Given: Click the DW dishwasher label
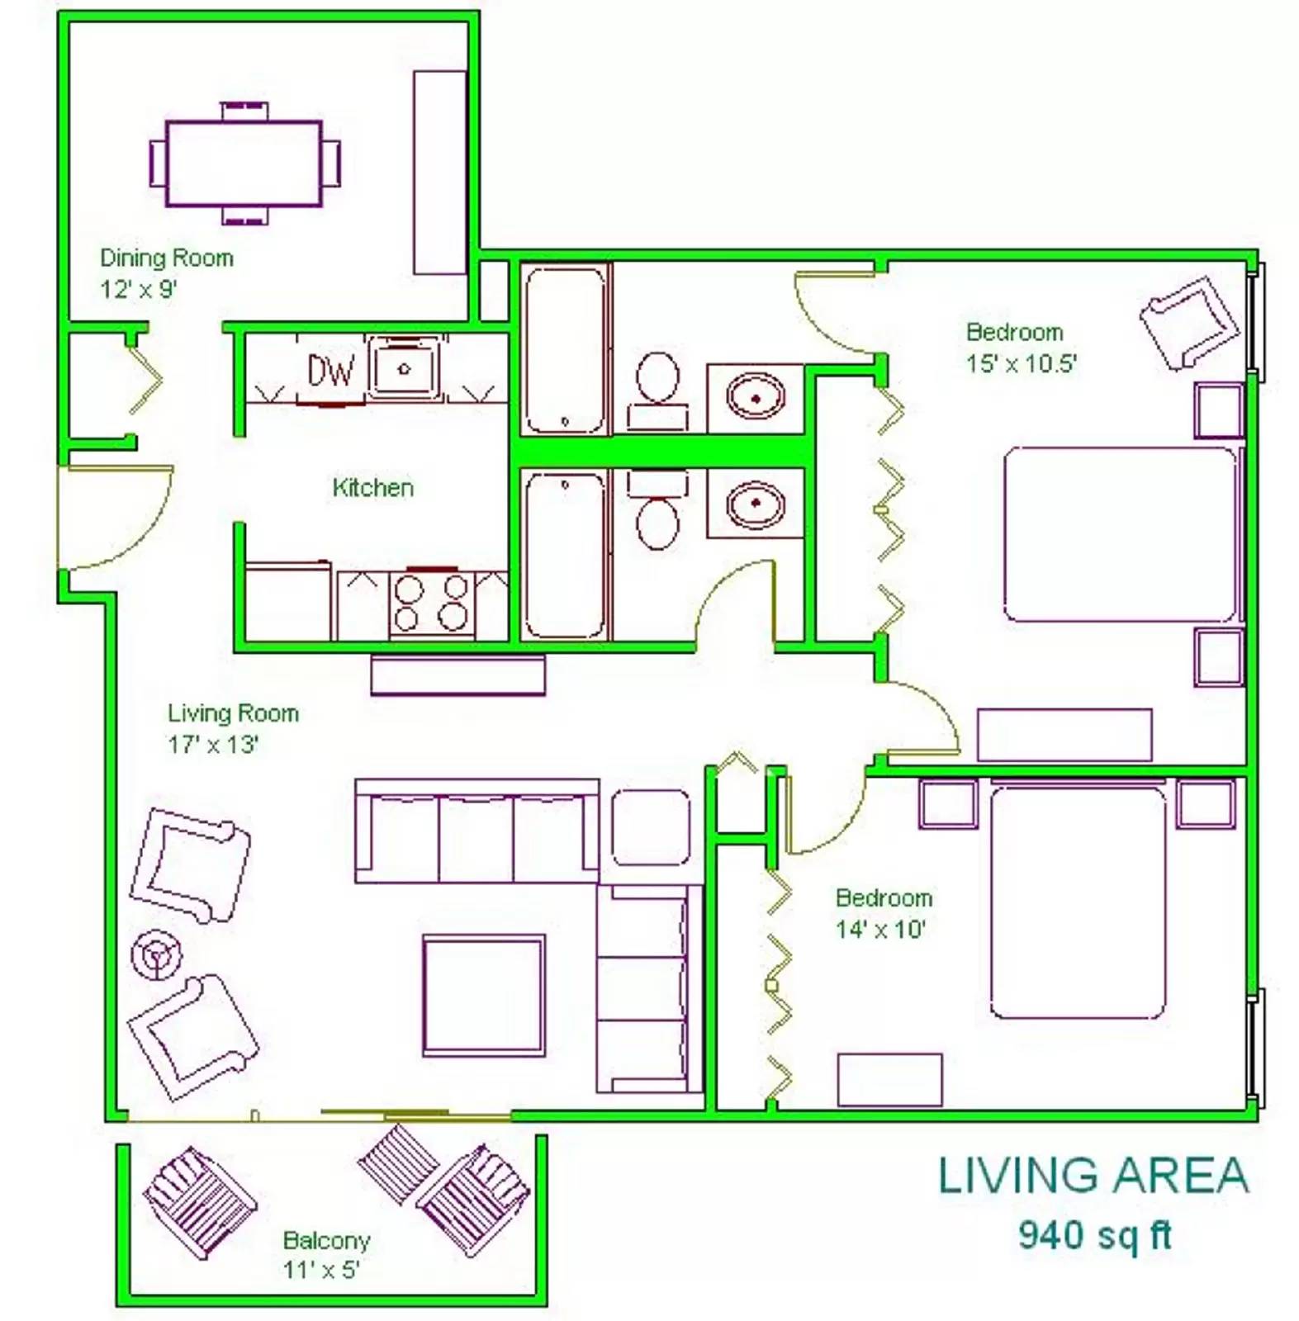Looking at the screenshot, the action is click(331, 371).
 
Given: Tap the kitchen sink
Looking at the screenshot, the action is click(404, 367).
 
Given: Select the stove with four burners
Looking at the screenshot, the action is click(431, 603).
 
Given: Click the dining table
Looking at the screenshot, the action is click(244, 163).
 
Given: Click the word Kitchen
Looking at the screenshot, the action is click(372, 487).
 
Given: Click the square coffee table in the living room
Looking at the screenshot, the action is click(484, 996).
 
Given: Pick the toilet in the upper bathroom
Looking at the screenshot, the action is click(657, 391).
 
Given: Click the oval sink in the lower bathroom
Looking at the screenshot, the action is click(755, 503).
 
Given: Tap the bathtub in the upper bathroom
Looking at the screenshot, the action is click(565, 349).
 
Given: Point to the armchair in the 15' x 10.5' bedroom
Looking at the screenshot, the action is click(1190, 321).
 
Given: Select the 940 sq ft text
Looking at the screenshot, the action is click(1095, 1235).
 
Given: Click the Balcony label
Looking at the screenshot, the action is click(326, 1240).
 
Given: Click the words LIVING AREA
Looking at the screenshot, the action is click(1093, 1176).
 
